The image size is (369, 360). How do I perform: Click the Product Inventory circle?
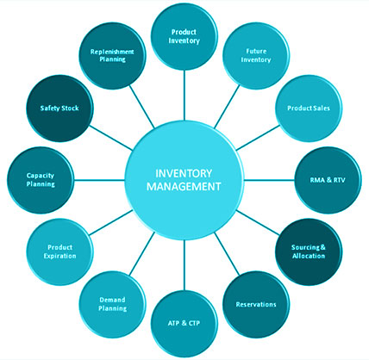184,36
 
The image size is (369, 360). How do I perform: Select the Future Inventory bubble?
256,56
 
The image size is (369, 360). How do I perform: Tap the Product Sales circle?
309,109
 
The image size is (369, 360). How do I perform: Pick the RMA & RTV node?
328,180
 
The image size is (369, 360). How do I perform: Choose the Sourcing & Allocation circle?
309,251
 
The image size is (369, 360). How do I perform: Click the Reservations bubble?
256,304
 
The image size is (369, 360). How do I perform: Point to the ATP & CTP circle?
184,324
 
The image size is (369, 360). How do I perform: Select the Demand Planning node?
112,304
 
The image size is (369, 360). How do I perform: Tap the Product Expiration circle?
59,251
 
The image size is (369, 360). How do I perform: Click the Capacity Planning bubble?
41,180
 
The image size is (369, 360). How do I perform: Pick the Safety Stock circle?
59,109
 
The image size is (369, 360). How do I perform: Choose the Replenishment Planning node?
112,56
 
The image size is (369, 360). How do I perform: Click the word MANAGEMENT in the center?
184,187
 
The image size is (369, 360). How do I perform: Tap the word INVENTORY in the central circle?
184,173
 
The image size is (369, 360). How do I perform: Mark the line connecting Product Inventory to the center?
184,95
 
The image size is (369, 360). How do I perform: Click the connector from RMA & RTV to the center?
269,180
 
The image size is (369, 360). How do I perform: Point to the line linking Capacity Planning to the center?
99,180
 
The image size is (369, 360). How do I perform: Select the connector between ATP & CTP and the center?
184,265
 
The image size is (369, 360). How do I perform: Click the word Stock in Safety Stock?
70,109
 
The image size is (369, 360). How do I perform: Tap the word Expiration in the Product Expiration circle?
59,256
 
